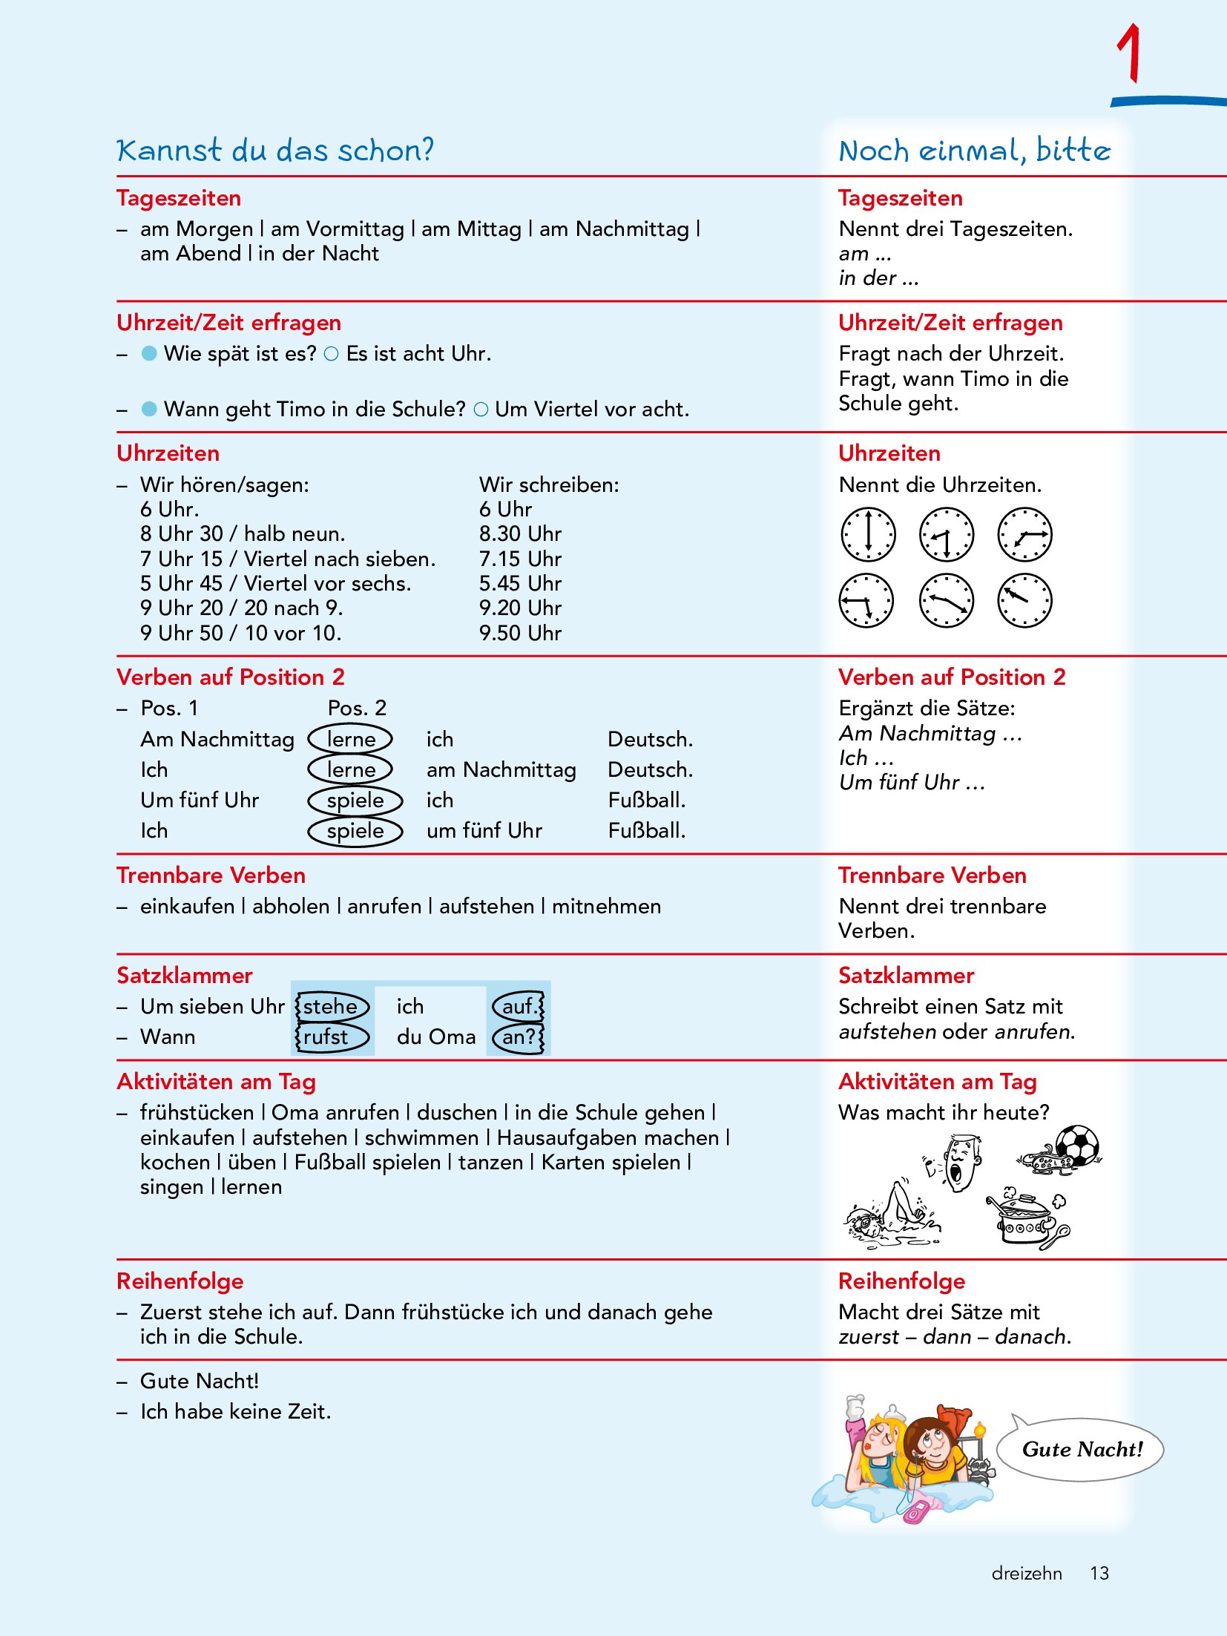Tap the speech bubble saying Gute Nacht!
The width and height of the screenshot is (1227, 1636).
(x=1081, y=1449)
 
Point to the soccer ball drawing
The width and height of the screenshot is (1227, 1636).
(x=1077, y=1144)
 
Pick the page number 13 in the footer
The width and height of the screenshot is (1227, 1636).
(x=1099, y=1573)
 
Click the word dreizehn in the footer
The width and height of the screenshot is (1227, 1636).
(x=1027, y=1573)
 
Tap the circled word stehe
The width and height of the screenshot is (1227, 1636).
(x=331, y=1007)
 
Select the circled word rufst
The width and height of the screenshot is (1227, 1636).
(x=326, y=1037)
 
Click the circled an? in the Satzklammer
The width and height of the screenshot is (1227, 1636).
(x=518, y=1037)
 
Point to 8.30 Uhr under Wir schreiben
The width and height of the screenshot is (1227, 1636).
(x=520, y=534)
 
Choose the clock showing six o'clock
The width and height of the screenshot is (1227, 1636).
(x=868, y=534)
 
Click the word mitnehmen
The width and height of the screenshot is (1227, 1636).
(x=606, y=907)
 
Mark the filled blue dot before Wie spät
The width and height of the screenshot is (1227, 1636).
(x=149, y=354)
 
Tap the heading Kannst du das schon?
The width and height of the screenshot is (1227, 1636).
(x=274, y=151)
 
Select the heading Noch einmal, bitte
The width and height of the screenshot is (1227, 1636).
(x=974, y=151)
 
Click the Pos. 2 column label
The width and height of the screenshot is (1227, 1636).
(x=357, y=708)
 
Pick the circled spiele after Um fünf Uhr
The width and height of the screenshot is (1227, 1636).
(x=355, y=801)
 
